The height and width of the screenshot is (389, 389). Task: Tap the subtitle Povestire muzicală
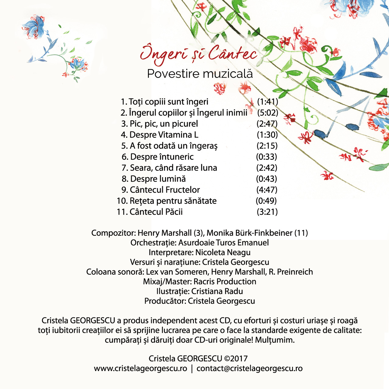[x=200, y=74]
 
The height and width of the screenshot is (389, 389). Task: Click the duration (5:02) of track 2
[x=267, y=113]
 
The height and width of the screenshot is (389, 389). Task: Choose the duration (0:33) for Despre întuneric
[x=267, y=157]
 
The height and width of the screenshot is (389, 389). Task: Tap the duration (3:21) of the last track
[x=267, y=212]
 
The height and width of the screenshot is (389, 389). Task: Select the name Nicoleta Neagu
[x=223, y=252]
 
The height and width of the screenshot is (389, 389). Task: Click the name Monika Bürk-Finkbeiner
[x=249, y=233]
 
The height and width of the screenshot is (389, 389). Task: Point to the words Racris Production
[x=225, y=281]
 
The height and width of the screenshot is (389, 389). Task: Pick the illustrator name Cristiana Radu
[x=217, y=291]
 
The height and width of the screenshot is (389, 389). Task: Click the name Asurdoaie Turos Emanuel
[x=223, y=243]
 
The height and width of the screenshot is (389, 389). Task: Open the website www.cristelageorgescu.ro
[x=140, y=368]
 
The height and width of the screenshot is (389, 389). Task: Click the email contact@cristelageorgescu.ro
[x=250, y=368]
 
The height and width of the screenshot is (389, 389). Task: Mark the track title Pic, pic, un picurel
[x=164, y=124]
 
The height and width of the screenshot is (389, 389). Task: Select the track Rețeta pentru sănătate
[x=173, y=201]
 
